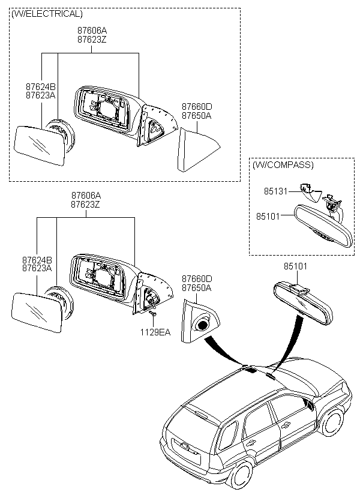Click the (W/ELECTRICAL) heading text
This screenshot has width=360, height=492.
click(47, 13)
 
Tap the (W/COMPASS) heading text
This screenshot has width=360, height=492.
click(283, 164)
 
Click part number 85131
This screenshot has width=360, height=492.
click(275, 191)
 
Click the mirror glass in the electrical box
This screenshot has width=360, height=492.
click(40, 146)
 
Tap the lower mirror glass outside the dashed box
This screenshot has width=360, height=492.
click(37, 312)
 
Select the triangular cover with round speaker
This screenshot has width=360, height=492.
click(202, 320)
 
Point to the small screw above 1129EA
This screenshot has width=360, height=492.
click(153, 314)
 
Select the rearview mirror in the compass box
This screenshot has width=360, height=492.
click(317, 226)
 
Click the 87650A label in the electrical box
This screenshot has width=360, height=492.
click(196, 116)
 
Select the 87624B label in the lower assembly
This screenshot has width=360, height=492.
click(37, 260)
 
